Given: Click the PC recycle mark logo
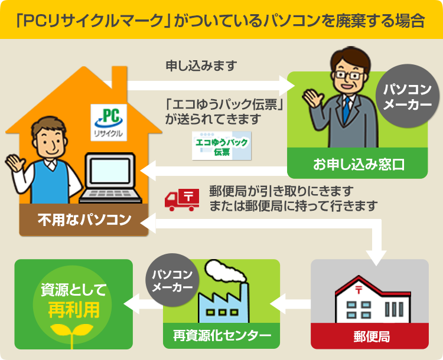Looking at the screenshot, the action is [109, 122].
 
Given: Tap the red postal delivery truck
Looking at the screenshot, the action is [182, 200].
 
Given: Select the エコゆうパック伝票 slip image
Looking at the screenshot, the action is [221, 146].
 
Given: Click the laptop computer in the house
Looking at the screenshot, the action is [110, 178].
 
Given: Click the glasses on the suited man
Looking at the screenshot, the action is [348, 75].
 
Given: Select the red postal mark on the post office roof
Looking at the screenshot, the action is [359, 290].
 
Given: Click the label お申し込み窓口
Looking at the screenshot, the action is [359, 165].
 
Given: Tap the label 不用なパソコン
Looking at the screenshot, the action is [84, 220].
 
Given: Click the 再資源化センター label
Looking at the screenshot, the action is [222, 336].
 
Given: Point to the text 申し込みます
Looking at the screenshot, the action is [201, 66].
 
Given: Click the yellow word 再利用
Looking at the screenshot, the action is [74, 310].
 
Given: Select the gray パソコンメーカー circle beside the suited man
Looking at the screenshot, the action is [408, 96].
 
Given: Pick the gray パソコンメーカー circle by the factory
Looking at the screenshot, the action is [172, 280].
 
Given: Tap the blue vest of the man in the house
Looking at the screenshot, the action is [50, 183].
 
